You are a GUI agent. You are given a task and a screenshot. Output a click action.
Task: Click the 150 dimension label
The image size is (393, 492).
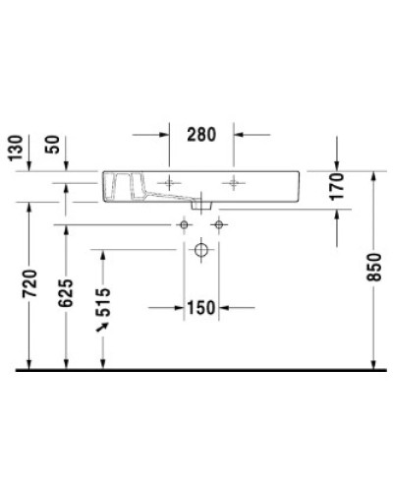(200, 308)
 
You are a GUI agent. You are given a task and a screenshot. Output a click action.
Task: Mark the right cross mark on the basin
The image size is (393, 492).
(234, 182)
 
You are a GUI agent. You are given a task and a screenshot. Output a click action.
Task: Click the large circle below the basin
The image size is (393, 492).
(200, 251)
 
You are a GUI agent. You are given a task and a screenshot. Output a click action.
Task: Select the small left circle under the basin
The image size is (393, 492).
(183, 225)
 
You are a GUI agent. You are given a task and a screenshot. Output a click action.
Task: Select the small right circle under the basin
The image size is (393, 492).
(218, 225)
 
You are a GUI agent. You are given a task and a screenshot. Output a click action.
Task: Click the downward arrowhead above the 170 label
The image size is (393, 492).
(337, 164)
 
